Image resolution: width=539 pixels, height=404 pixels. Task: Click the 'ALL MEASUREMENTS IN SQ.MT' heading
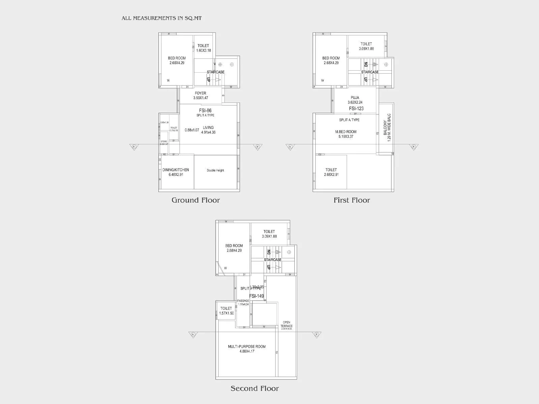click(162, 18)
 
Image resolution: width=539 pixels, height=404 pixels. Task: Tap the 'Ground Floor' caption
click(196, 200)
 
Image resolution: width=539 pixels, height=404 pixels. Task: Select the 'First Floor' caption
click(352, 200)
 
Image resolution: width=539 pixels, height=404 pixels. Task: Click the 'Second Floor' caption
click(255, 389)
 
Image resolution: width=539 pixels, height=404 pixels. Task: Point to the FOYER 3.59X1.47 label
click(200, 96)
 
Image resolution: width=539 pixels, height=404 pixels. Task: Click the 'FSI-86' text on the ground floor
click(205, 110)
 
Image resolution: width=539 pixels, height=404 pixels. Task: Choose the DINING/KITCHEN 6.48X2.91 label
click(176, 172)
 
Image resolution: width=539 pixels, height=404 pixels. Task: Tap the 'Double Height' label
click(215, 170)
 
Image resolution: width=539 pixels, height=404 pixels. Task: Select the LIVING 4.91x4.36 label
click(208, 130)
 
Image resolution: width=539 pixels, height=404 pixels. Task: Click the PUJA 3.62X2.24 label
click(355, 100)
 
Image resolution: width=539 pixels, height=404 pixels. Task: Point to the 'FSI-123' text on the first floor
click(356, 108)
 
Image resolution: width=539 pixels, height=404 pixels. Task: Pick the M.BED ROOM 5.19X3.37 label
click(346, 134)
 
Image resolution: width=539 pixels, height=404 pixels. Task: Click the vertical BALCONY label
click(387, 128)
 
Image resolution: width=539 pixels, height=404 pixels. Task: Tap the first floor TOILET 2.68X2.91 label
click(331, 172)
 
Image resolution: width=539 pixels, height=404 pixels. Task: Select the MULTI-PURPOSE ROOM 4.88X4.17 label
click(247, 349)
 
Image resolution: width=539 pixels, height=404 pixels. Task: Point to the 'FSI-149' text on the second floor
click(256, 296)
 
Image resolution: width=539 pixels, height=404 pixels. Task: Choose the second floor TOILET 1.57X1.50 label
click(226, 310)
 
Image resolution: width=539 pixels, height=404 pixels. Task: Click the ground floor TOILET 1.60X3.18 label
click(203, 48)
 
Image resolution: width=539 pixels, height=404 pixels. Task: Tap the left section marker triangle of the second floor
click(193, 335)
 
